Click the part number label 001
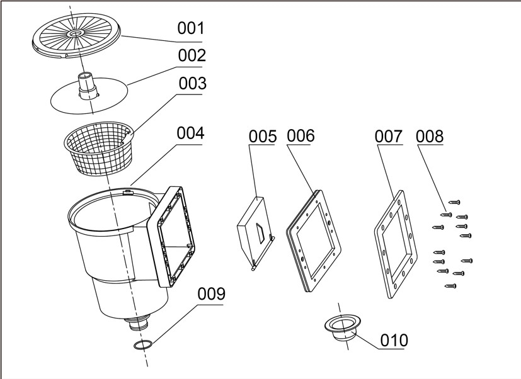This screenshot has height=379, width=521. [190, 28]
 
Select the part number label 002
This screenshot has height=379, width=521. [192, 55]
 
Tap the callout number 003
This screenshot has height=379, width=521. [192, 83]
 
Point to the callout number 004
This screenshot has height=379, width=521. [190, 133]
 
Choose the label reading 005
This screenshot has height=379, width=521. [263, 137]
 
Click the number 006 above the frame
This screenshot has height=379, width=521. [301, 136]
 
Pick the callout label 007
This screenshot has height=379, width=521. [389, 136]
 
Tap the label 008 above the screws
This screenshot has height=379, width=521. [429, 136]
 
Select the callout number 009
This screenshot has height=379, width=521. [211, 293]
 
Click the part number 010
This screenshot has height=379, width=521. [394, 341]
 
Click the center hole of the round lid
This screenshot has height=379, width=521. [76, 34]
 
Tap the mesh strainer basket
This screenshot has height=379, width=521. [99, 148]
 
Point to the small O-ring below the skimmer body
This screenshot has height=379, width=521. [143, 345]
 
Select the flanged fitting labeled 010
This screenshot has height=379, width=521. [343, 327]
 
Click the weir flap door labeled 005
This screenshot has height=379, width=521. [256, 232]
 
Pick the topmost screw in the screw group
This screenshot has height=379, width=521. [454, 202]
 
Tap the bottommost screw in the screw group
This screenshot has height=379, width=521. [450, 286]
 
